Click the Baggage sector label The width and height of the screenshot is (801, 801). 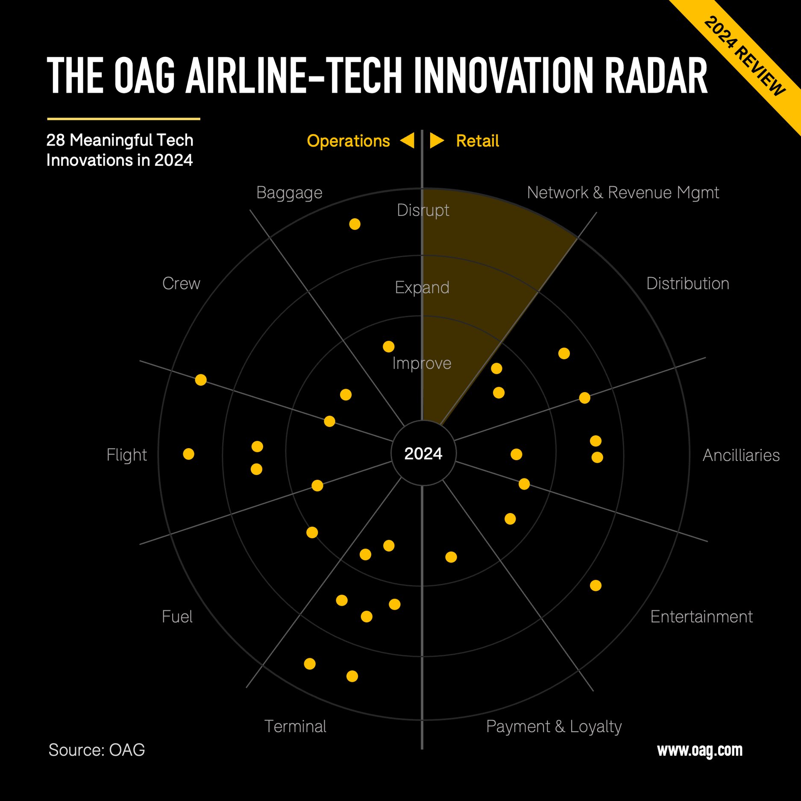coord(289,193)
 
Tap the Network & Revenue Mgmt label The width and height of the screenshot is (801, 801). coord(622,193)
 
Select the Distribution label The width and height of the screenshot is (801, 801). coord(687,284)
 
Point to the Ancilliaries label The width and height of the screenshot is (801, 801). coord(741,455)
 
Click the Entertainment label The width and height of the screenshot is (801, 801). coord(701,617)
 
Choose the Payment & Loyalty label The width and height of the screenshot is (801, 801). coord(554,727)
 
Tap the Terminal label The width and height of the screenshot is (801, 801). coord(295,727)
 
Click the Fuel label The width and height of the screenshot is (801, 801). coord(177,617)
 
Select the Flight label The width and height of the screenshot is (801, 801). coord(126,455)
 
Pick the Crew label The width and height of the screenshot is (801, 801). coord(181,284)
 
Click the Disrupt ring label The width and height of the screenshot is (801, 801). coord(423,210)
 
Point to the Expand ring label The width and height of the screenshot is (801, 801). coord(422,288)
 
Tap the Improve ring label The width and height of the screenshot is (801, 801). coord(422,364)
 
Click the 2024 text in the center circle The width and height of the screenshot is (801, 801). coord(423,454)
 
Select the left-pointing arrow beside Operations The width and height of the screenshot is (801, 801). coord(408,141)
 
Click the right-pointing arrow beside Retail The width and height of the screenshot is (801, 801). coord(436,141)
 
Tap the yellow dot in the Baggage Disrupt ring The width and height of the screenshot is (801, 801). coord(355,224)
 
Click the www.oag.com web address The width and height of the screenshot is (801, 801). coord(699,750)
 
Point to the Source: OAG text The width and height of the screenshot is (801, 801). coord(97,750)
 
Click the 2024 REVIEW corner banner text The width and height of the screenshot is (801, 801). coord(744,56)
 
